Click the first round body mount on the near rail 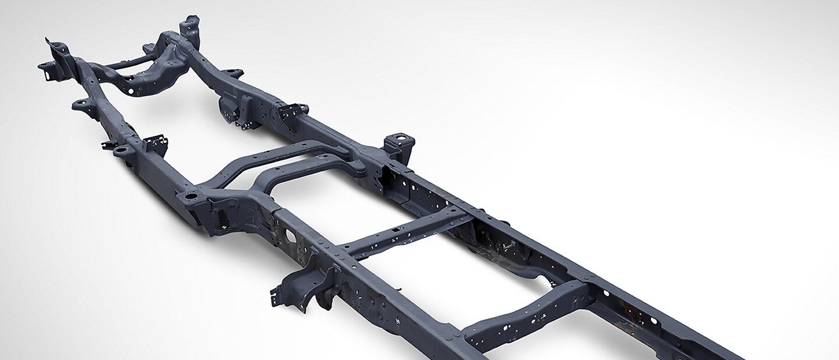[x=81, y=105]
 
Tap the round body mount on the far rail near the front [x=232, y=73]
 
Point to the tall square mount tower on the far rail [x=396, y=142]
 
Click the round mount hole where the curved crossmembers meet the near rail [x=189, y=197]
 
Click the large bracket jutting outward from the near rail [x=303, y=285]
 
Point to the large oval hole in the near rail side [x=290, y=237]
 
